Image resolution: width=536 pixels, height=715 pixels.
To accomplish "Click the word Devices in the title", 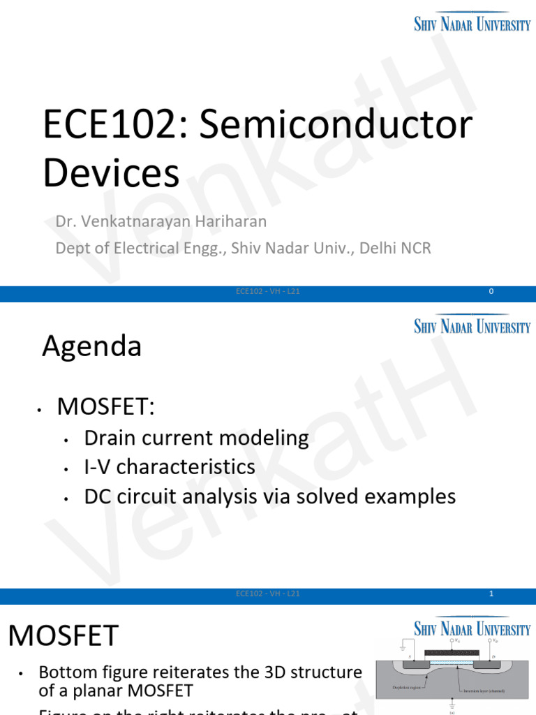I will coord(111,173).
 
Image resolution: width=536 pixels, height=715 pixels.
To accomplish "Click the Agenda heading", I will coord(91,346).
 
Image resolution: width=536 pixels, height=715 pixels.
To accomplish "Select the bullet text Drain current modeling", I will coord(196,438).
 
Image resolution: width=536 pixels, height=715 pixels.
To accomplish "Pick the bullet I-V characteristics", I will coord(170,466).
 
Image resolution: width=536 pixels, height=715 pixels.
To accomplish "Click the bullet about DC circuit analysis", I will coord(269,496).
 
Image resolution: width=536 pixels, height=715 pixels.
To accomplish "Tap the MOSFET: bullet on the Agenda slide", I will coord(105,406).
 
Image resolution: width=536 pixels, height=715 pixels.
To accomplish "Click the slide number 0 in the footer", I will coord(491,291).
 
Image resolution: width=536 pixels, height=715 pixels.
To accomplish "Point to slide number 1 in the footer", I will coord(491,594).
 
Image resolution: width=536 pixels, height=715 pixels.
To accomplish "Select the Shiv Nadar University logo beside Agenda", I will coord(472,325).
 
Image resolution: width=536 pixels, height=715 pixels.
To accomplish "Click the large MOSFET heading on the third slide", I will coord(64,635).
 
